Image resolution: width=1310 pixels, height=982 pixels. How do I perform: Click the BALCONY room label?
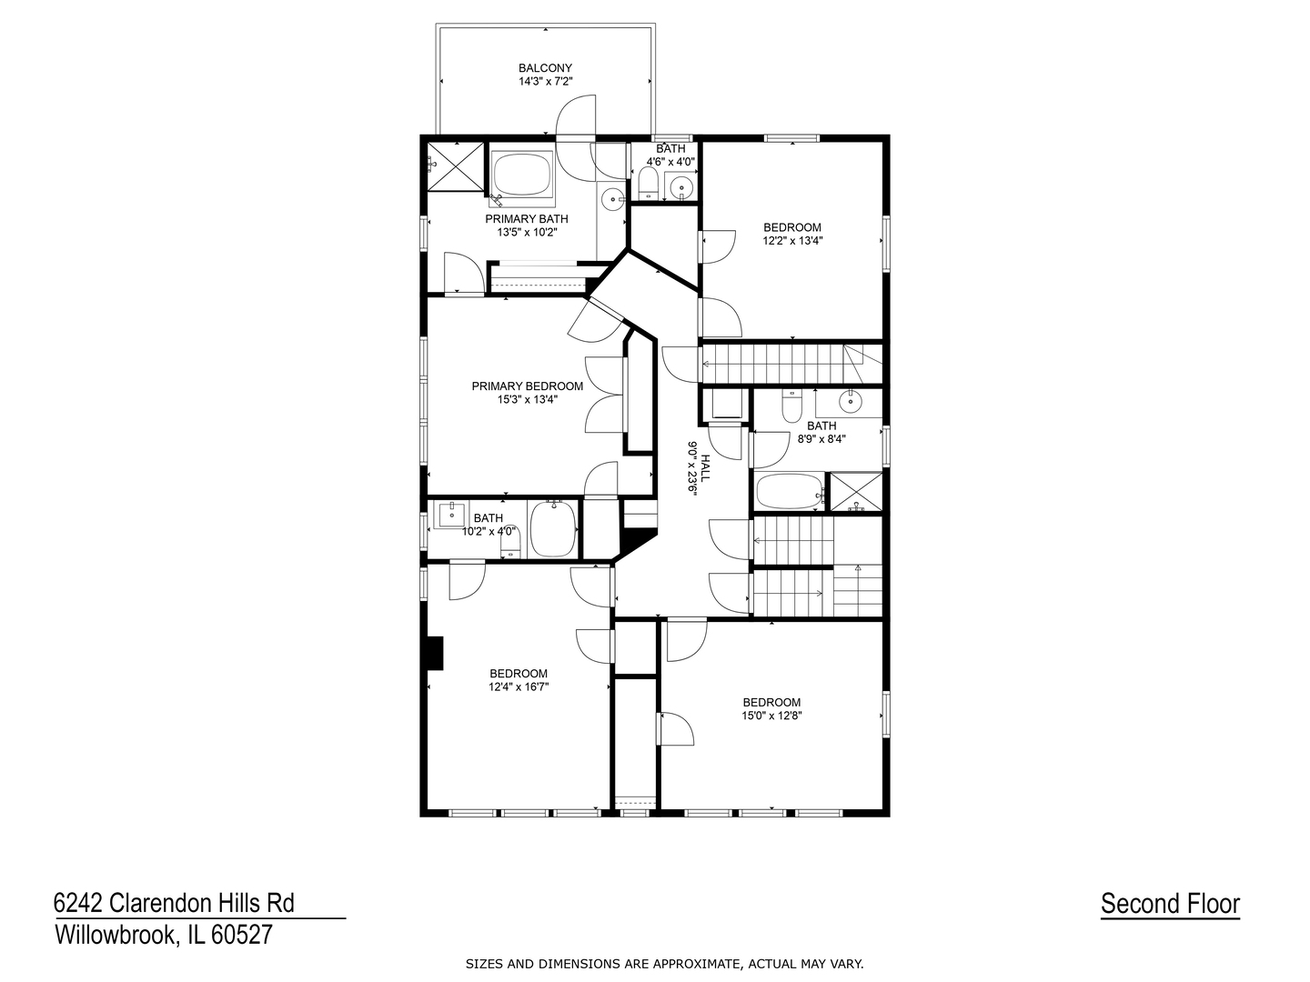point(544,68)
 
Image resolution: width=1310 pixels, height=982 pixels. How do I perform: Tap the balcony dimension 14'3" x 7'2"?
point(545,81)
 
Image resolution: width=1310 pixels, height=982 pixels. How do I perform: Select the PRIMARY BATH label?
point(527,219)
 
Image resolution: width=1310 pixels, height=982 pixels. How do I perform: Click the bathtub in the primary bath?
point(522,174)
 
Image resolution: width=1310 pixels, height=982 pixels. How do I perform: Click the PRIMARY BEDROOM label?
point(527,386)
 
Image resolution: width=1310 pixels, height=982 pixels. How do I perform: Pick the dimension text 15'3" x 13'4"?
point(528,399)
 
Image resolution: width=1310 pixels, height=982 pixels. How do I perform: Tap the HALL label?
point(705,468)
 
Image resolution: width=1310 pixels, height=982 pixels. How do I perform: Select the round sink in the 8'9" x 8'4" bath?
point(850,402)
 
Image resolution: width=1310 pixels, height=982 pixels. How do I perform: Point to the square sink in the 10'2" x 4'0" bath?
point(452,515)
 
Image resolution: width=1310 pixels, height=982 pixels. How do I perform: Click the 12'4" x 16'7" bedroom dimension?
point(518,686)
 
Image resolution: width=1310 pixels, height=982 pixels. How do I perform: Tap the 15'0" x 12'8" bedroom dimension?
point(771,715)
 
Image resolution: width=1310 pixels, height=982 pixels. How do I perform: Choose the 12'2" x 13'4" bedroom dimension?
point(792,240)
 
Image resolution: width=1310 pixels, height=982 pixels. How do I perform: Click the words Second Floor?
point(1170,903)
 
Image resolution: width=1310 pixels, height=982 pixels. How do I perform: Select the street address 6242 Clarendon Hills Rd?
point(174,903)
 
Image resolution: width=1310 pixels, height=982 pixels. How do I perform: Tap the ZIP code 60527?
point(242,935)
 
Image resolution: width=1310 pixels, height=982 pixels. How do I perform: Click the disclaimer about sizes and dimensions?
point(664,964)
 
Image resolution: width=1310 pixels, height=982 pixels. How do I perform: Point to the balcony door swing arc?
point(570,107)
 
